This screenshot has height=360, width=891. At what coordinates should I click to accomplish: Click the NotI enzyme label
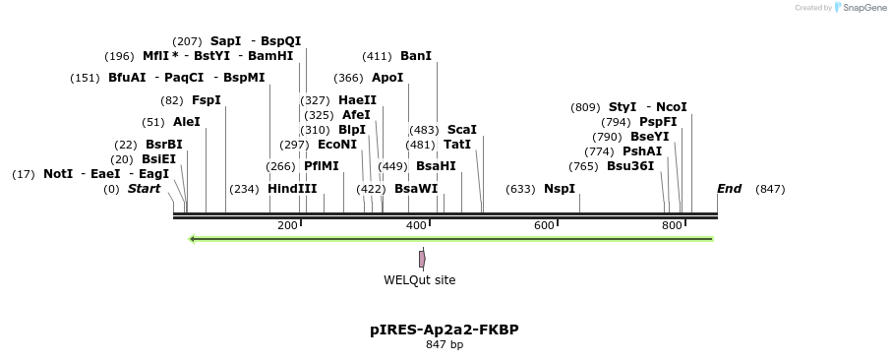click(x=58, y=174)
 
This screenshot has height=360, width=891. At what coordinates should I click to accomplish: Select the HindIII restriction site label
click(x=292, y=189)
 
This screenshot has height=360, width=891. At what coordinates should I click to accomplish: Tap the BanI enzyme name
click(x=416, y=56)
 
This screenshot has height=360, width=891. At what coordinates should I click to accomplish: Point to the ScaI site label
click(x=461, y=130)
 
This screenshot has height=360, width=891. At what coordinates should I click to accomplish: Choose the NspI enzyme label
click(x=559, y=189)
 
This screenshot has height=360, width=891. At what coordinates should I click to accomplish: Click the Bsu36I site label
click(x=629, y=166)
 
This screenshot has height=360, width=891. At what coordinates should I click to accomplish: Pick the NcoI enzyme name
click(x=671, y=107)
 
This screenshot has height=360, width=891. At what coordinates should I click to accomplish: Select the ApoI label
click(x=387, y=78)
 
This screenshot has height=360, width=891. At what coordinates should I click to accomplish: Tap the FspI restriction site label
click(x=206, y=100)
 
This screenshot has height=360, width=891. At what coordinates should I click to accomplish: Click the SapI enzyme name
click(x=225, y=41)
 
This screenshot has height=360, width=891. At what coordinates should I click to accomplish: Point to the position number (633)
click(x=520, y=189)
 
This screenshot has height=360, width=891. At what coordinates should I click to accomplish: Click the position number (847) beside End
click(x=770, y=189)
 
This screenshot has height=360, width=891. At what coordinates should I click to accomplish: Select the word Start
click(x=144, y=189)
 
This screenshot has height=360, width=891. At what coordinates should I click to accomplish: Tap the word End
click(x=729, y=189)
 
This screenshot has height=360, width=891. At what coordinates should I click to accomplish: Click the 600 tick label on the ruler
click(x=544, y=226)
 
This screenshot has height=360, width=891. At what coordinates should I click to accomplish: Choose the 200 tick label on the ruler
click(x=287, y=226)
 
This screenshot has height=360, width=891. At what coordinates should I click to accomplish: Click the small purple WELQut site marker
click(x=422, y=259)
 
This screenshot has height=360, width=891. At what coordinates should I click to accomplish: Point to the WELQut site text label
click(x=419, y=280)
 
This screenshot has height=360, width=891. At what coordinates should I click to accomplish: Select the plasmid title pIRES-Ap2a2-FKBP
click(x=445, y=330)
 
